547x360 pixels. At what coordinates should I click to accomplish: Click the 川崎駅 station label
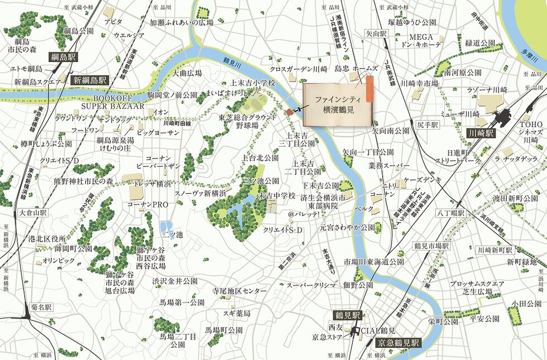coord(481,133)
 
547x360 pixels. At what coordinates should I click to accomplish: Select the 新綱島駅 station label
coord(90,80)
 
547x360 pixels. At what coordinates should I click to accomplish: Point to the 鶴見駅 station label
coord(348,315)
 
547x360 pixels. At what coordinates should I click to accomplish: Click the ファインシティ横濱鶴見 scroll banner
coord(335,104)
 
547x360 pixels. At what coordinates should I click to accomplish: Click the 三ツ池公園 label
coord(261,181)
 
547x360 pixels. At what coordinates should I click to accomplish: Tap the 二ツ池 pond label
coord(172,235)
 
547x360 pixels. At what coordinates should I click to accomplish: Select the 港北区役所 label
coord(47,238)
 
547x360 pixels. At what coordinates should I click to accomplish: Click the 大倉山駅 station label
coord(33,213)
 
